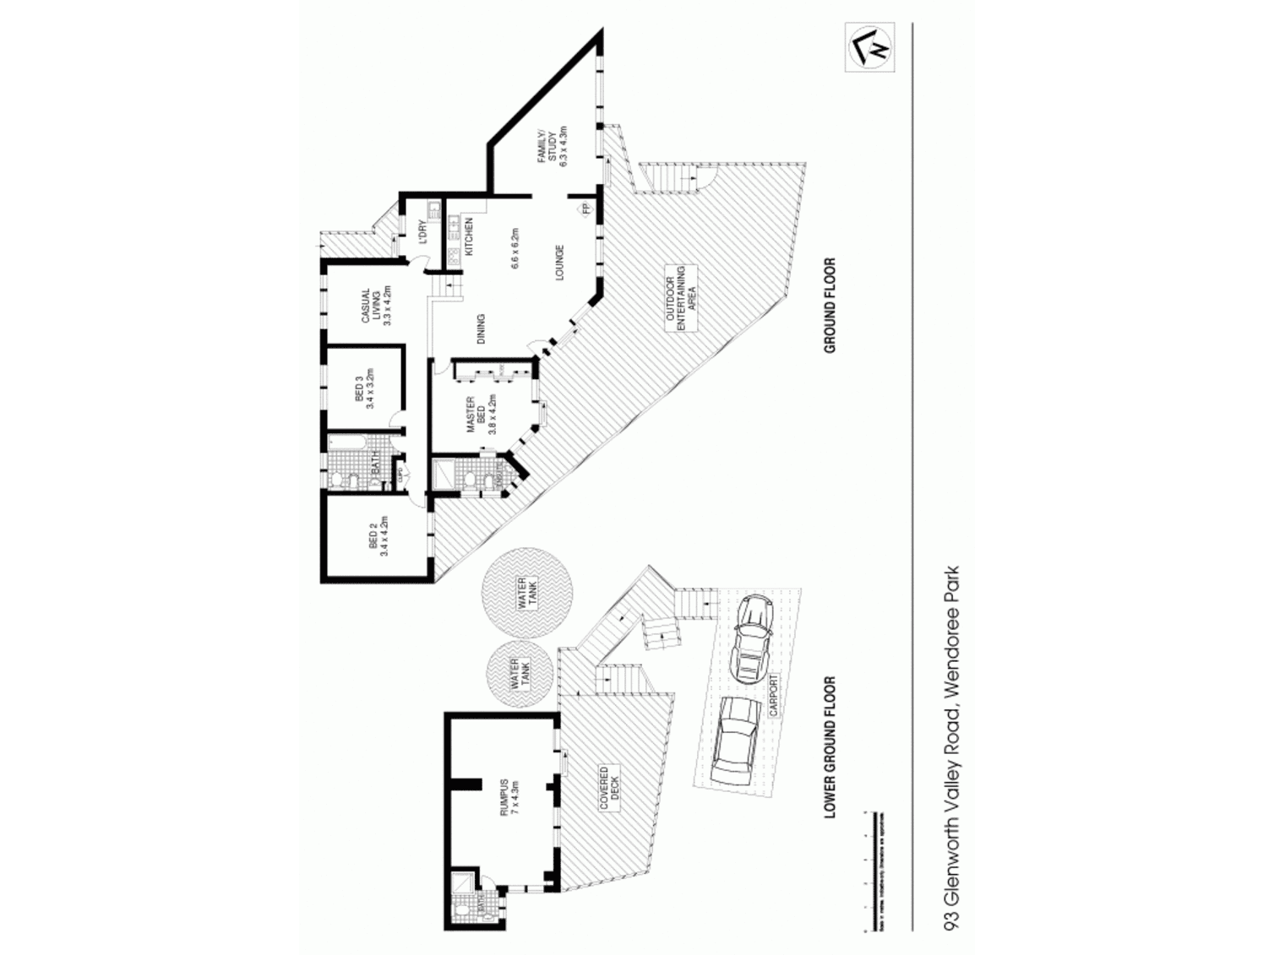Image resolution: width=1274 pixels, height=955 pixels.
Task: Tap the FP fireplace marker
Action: (584, 209)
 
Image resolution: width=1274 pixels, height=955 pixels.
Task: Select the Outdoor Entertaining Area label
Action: (680, 299)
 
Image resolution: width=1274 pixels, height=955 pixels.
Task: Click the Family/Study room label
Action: (558, 147)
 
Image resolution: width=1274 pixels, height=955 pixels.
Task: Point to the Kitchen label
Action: (469, 237)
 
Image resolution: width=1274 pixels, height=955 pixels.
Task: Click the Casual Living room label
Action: (373, 307)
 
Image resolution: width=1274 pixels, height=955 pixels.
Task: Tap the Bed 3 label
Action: (365, 388)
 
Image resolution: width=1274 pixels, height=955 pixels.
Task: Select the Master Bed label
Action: (481, 414)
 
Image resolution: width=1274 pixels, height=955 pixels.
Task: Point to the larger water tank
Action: (521, 594)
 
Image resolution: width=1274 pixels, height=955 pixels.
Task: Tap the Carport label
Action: (774, 694)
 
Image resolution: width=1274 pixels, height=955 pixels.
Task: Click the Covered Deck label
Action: (609, 788)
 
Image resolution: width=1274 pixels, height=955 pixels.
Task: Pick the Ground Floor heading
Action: (830, 305)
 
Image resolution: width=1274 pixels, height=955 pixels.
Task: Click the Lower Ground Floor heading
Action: (830, 746)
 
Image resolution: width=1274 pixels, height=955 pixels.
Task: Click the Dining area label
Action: (481, 329)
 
